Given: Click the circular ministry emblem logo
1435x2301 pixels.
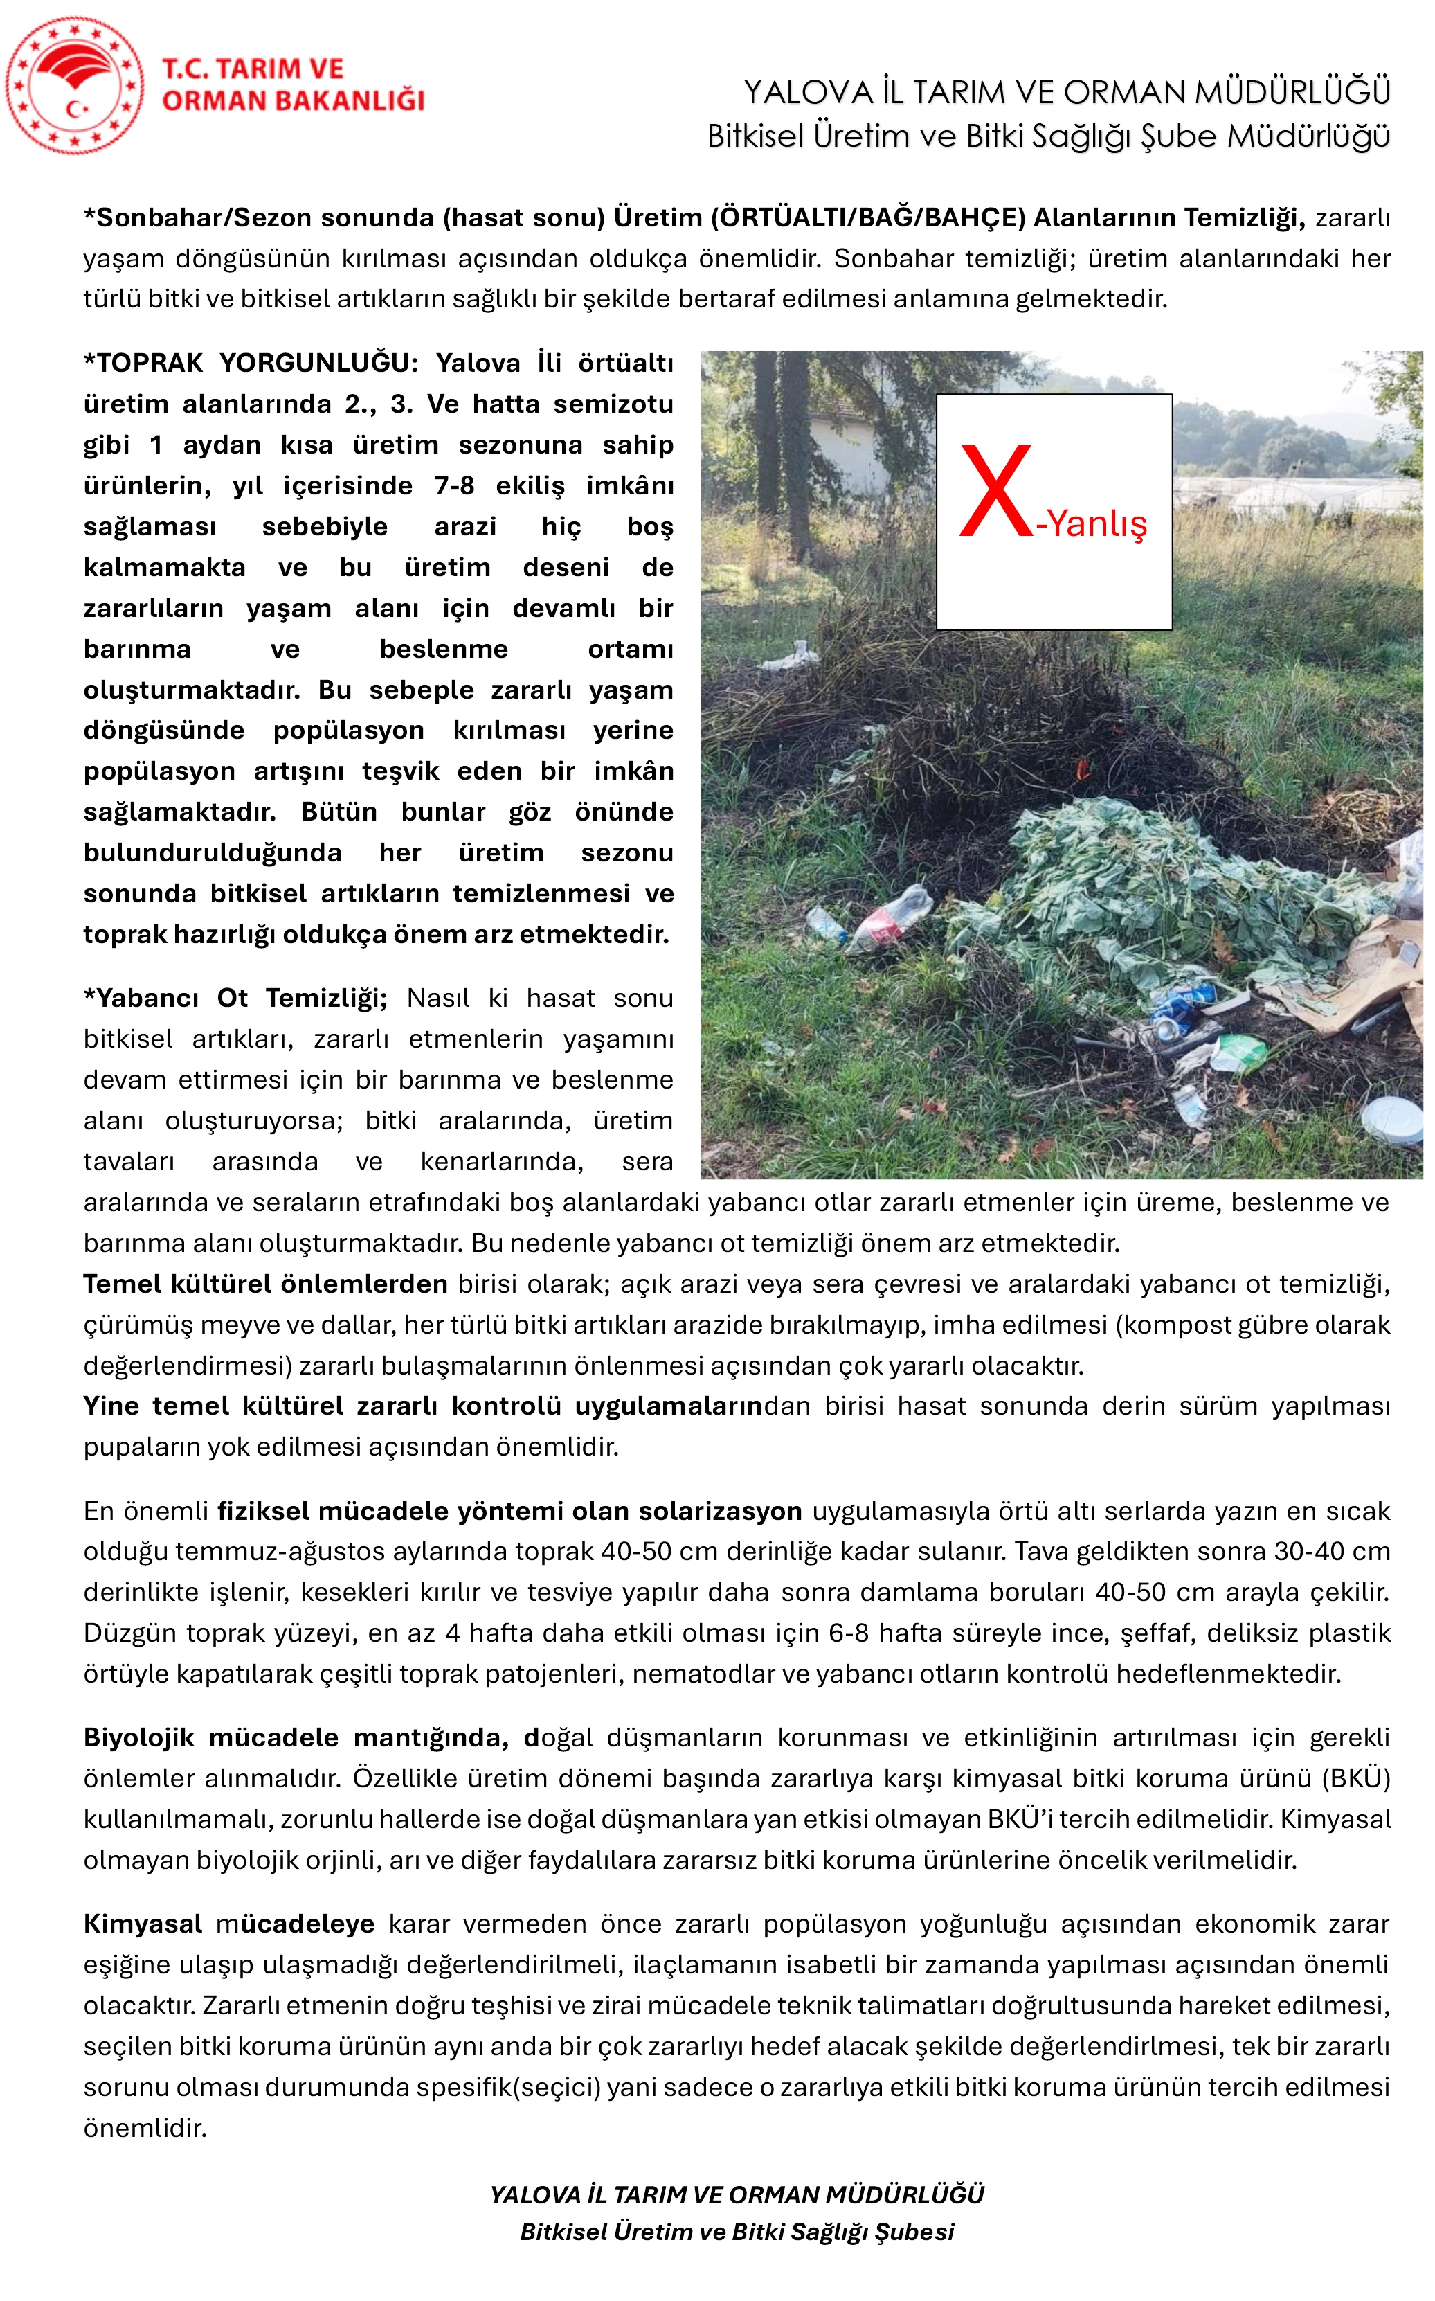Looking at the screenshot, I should [x=74, y=85].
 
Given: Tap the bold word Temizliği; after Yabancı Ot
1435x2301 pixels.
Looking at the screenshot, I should [x=327, y=999].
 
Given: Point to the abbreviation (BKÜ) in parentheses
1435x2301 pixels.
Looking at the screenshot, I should [x=1359, y=1778].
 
